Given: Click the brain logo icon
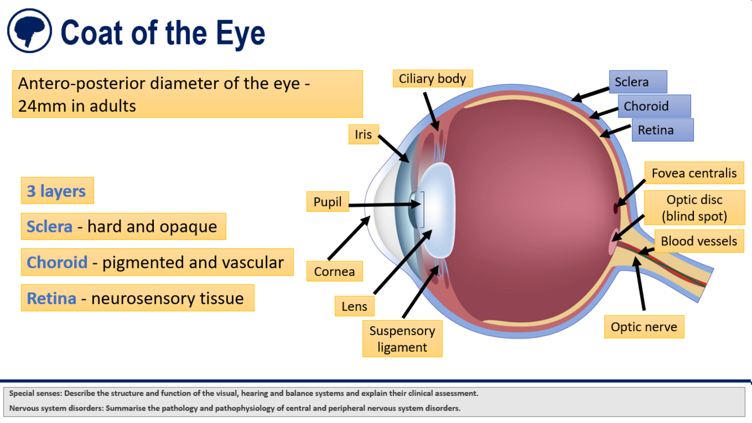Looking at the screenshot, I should (29, 31).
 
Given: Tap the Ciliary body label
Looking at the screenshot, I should (432, 79).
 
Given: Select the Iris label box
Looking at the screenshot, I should (364, 134).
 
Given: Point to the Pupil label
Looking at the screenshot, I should (328, 202).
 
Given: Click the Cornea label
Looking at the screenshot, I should (334, 271).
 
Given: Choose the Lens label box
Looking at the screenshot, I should (354, 306).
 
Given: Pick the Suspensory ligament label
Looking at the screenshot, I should (402, 339).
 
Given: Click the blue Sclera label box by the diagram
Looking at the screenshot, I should (638, 82).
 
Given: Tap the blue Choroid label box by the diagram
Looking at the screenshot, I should (654, 106).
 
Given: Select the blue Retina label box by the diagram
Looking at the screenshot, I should (662, 130).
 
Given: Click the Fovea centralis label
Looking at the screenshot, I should (694, 173).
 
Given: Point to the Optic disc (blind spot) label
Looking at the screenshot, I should (694, 208).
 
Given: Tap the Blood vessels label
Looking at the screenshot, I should (698, 241).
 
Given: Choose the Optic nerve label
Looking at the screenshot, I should (644, 327).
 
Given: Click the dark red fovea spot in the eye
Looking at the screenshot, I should (616, 208).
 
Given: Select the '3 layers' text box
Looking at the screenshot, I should (57, 191).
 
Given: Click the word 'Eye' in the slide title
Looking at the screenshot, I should (240, 32).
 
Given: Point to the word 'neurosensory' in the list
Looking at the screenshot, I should (134, 298).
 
